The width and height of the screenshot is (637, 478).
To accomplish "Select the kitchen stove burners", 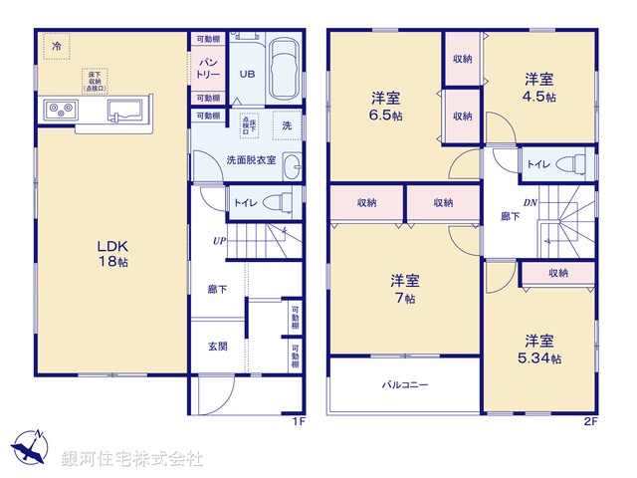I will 60,111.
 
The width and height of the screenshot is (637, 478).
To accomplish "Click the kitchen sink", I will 125,111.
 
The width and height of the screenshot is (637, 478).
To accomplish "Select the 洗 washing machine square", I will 287,125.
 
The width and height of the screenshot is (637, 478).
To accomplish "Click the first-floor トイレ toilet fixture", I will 280,203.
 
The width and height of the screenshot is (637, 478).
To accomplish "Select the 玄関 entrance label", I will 218,347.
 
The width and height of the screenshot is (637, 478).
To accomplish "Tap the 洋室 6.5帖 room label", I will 386,106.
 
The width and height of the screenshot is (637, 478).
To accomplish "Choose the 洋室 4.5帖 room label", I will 540,88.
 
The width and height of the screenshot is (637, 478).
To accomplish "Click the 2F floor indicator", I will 588,421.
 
